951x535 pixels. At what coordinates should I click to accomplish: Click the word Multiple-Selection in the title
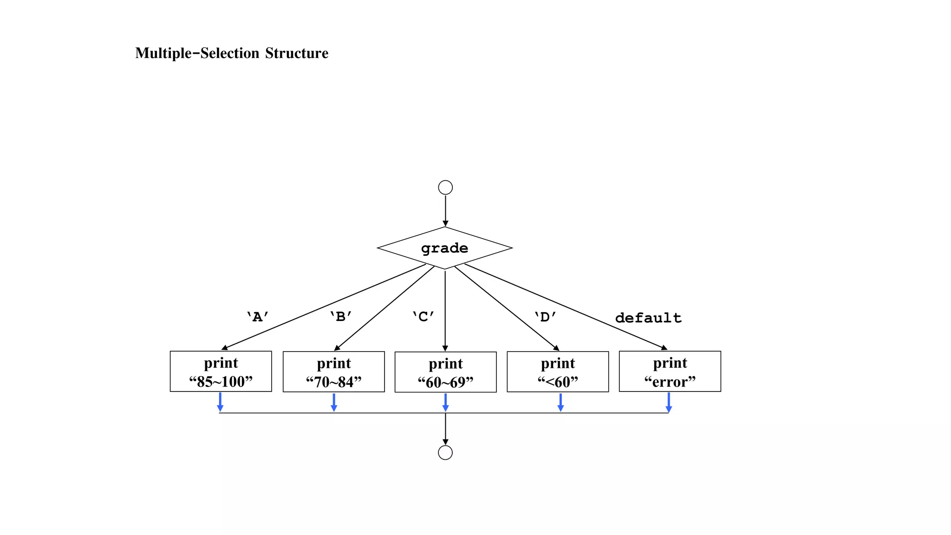click(x=197, y=53)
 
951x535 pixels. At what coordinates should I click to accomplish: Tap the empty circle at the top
click(x=445, y=188)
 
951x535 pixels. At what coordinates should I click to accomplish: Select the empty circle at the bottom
click(x=445, y=453)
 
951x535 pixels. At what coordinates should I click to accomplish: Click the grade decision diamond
click(x=445, y=248)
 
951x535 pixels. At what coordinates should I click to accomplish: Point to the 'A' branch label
click(x=257, y=317)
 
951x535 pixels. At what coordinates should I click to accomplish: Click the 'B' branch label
click(x=341, y=317)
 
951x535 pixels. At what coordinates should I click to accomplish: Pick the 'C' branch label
click(x=423, y=317)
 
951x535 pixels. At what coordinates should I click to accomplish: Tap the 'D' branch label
click(x=545, y=317)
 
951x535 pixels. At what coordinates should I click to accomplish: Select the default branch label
click(x=648, y=318)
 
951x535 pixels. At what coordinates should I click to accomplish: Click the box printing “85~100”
click(x=221, y=372)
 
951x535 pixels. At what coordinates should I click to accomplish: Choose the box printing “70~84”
click(x=333, y=372)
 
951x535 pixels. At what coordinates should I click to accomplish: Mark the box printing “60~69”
click(x=445, y=372)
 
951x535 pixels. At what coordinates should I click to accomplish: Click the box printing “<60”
click(x=558, y=372)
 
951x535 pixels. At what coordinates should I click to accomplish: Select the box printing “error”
click(x=670, y=372)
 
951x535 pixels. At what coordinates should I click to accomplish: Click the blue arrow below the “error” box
click(x=669, y=403)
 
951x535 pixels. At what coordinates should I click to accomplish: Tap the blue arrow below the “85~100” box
click(x=220, y=402)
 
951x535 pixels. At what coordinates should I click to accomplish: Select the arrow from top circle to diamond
click(x=445, y=210)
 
